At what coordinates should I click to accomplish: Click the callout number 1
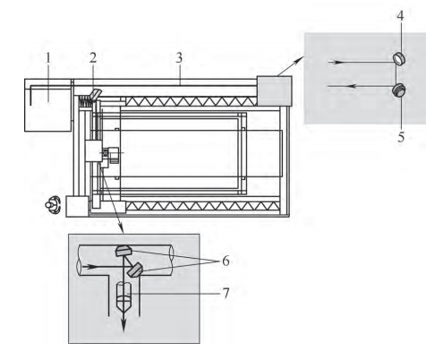pos(48,58)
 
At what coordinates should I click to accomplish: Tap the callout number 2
pos(93,58)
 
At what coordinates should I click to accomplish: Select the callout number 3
pos(179,58)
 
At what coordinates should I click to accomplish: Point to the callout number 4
pos(400,16)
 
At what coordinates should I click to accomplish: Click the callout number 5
pos(401,137)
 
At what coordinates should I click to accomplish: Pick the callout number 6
pos(226,261)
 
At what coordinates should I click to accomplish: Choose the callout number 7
pos(226,293)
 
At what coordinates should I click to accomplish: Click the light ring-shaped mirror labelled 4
pos(398,58)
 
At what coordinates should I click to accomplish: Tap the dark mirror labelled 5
pos(398,90)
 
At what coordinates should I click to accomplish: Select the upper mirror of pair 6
pos(123,251)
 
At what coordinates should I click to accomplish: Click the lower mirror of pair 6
pos(134,270)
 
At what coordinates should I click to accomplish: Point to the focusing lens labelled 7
pos(124,296)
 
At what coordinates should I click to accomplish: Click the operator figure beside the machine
pos(53,205)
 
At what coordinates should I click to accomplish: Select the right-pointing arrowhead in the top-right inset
pos(337,62)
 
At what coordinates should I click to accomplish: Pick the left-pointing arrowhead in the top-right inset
pos(354,86)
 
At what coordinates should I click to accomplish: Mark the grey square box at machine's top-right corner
pos(274,90)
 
